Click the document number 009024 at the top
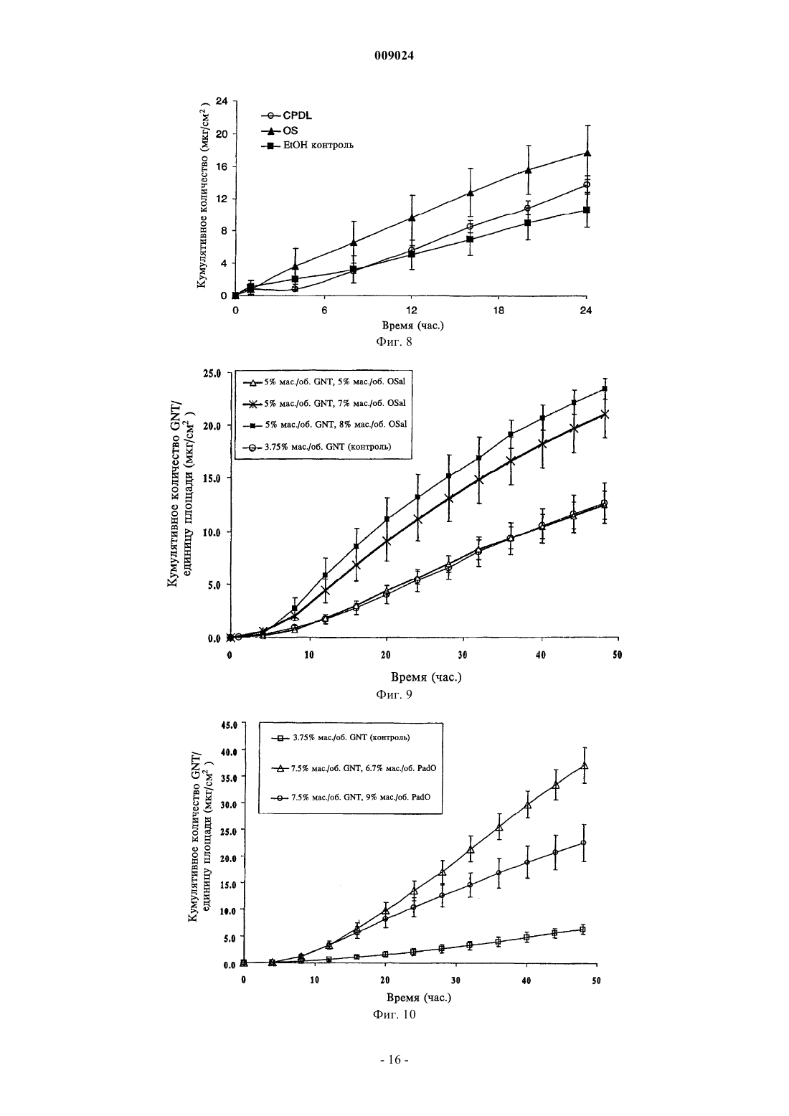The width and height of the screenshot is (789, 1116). click(394, 56)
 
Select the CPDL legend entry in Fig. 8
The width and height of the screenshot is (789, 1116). click(286, 115)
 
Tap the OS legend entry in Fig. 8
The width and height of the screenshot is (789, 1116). click(280, 131)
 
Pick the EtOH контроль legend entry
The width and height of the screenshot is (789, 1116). click(307, 146)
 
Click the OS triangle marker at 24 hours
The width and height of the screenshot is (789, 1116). click(587, 153)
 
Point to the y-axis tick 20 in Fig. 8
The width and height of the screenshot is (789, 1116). click(221, 134)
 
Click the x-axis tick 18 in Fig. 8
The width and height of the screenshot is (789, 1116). click(499, 311)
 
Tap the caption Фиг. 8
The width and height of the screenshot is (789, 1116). click(394, 342)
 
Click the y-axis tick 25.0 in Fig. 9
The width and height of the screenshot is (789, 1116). click(211, 374)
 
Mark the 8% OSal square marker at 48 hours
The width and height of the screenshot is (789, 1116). click(605, 389)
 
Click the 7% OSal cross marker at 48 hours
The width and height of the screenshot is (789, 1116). click(605, 414)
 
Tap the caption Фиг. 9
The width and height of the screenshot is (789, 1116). click(394, 694)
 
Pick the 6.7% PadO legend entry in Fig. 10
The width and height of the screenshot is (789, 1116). click(354, 768)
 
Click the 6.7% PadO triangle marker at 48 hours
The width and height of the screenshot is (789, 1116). click(585, 765)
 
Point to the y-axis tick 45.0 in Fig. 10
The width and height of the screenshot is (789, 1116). click(231, 725)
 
